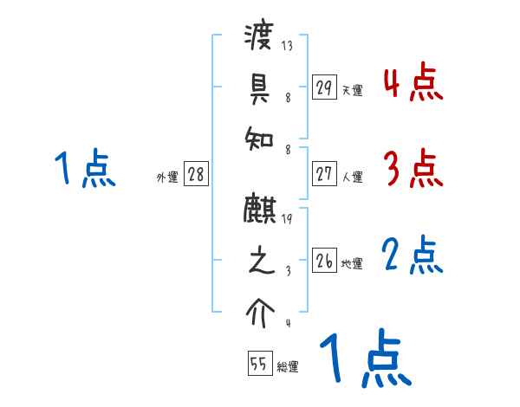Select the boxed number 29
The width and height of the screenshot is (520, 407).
point(323,87)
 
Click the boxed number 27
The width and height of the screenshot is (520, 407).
point(323,174)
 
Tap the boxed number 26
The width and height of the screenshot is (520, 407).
point(323,261)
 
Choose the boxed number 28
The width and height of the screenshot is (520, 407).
point(196,174)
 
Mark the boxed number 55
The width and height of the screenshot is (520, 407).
point(258,364)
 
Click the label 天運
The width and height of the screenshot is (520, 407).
point(352,90)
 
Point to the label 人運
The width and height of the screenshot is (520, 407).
point(352,177)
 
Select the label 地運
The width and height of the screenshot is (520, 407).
point(352,263)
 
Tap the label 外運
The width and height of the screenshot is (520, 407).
point(166,177)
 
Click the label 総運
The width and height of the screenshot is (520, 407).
point(288,366)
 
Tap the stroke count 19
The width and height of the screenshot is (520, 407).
point(286,219)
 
